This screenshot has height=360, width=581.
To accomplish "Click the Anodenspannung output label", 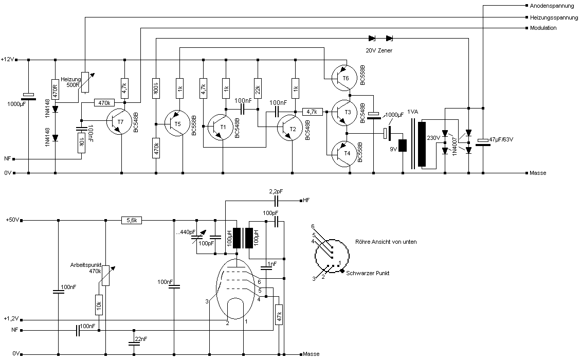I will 551,6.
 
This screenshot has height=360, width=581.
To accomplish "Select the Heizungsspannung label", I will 554,17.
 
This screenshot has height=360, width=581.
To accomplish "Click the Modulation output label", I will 543,28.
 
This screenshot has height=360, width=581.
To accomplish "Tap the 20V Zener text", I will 379,50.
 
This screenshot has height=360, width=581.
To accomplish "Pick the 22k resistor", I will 257,87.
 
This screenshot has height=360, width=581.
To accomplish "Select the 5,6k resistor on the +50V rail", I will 132,220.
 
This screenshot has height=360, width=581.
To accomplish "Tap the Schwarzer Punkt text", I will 368,273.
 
